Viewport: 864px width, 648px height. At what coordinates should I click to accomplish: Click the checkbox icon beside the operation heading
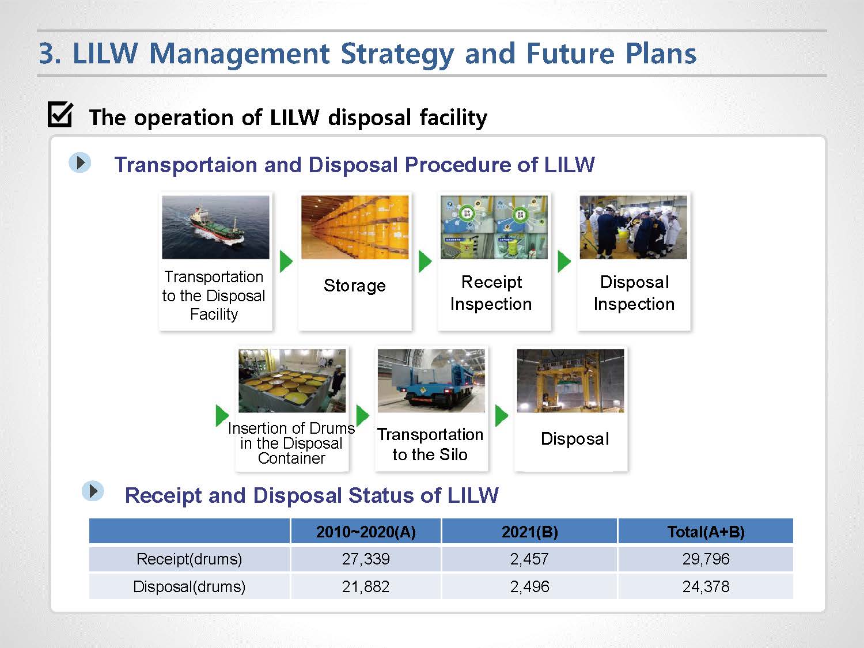(x=60, y=115)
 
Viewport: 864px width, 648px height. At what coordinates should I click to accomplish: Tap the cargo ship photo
(x=215, y=227)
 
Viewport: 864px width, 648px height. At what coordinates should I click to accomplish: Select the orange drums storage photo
(x=355, y=227)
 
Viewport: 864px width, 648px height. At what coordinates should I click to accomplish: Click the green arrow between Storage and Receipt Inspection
(x=425, y=262)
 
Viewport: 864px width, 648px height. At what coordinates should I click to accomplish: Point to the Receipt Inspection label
(x=491, y=293)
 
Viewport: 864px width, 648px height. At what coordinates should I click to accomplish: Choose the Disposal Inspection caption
(x=634, y=293)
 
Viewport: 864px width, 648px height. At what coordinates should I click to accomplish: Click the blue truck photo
(x=431, y=381)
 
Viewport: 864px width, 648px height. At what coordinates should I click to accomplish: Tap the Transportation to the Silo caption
(x=430, y=444)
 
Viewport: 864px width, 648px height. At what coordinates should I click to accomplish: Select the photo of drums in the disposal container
(x=292, y=381)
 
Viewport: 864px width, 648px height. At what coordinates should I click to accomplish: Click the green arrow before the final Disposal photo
(x=501, y=415)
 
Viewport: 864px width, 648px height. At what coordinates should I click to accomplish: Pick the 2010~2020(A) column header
(x=366, y=532)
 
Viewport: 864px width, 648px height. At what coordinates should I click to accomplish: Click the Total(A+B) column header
(x=706, y=532)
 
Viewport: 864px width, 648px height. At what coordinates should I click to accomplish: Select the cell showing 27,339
(x=366, y=559)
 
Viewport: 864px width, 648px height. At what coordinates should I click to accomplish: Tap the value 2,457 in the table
(x=529, y=559)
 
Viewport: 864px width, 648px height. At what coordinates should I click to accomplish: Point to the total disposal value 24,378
(x=706, y=586)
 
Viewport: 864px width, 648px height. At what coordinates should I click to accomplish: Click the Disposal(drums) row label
(x=190, y=586)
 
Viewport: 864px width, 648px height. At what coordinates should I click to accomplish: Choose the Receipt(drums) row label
(x=190, y=559)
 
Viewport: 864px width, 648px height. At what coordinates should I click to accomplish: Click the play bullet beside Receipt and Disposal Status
(x=93, y=491)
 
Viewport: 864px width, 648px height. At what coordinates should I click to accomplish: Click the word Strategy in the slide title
(x=397, y=55)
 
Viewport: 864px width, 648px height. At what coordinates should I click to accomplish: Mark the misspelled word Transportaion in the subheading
(x=185, y=165)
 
